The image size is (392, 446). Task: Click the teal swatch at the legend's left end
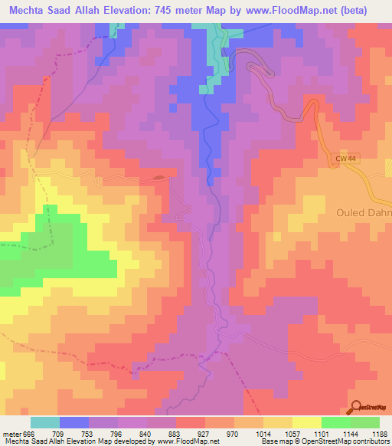click(x=45, y=422)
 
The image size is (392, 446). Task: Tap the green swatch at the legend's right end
click(x=365, y=422)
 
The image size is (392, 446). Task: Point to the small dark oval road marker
click(x=158, y=178)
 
